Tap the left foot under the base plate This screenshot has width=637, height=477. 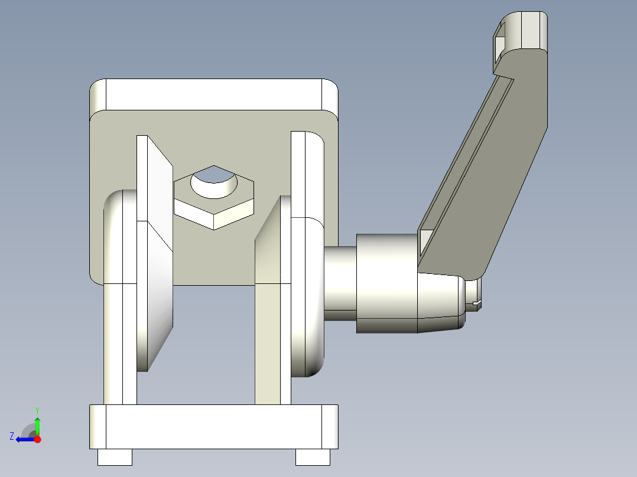[x=114, y=456]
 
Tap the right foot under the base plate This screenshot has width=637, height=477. [x=312, y=456]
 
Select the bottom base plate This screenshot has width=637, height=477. [x=213, y=426]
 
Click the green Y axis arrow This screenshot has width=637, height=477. [x=37, y=423]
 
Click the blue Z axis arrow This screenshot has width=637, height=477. [x=24, y=439]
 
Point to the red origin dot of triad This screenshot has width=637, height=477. [x=37, y=439]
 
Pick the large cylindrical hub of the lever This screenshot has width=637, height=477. [x=387, y=282]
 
